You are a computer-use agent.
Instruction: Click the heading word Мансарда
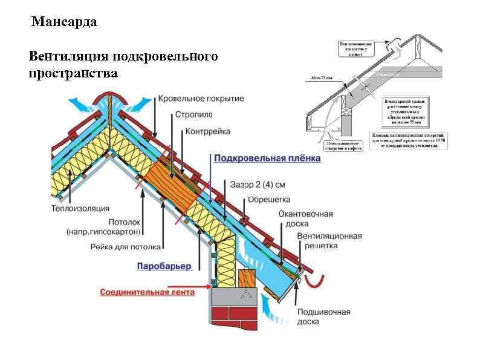pos(64,23)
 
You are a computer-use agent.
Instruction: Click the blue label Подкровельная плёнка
pos(267,159)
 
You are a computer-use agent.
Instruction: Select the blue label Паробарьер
pos(164,266)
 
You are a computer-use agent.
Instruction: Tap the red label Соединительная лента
pos(147,292)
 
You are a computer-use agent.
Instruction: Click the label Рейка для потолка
pos(126,247)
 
